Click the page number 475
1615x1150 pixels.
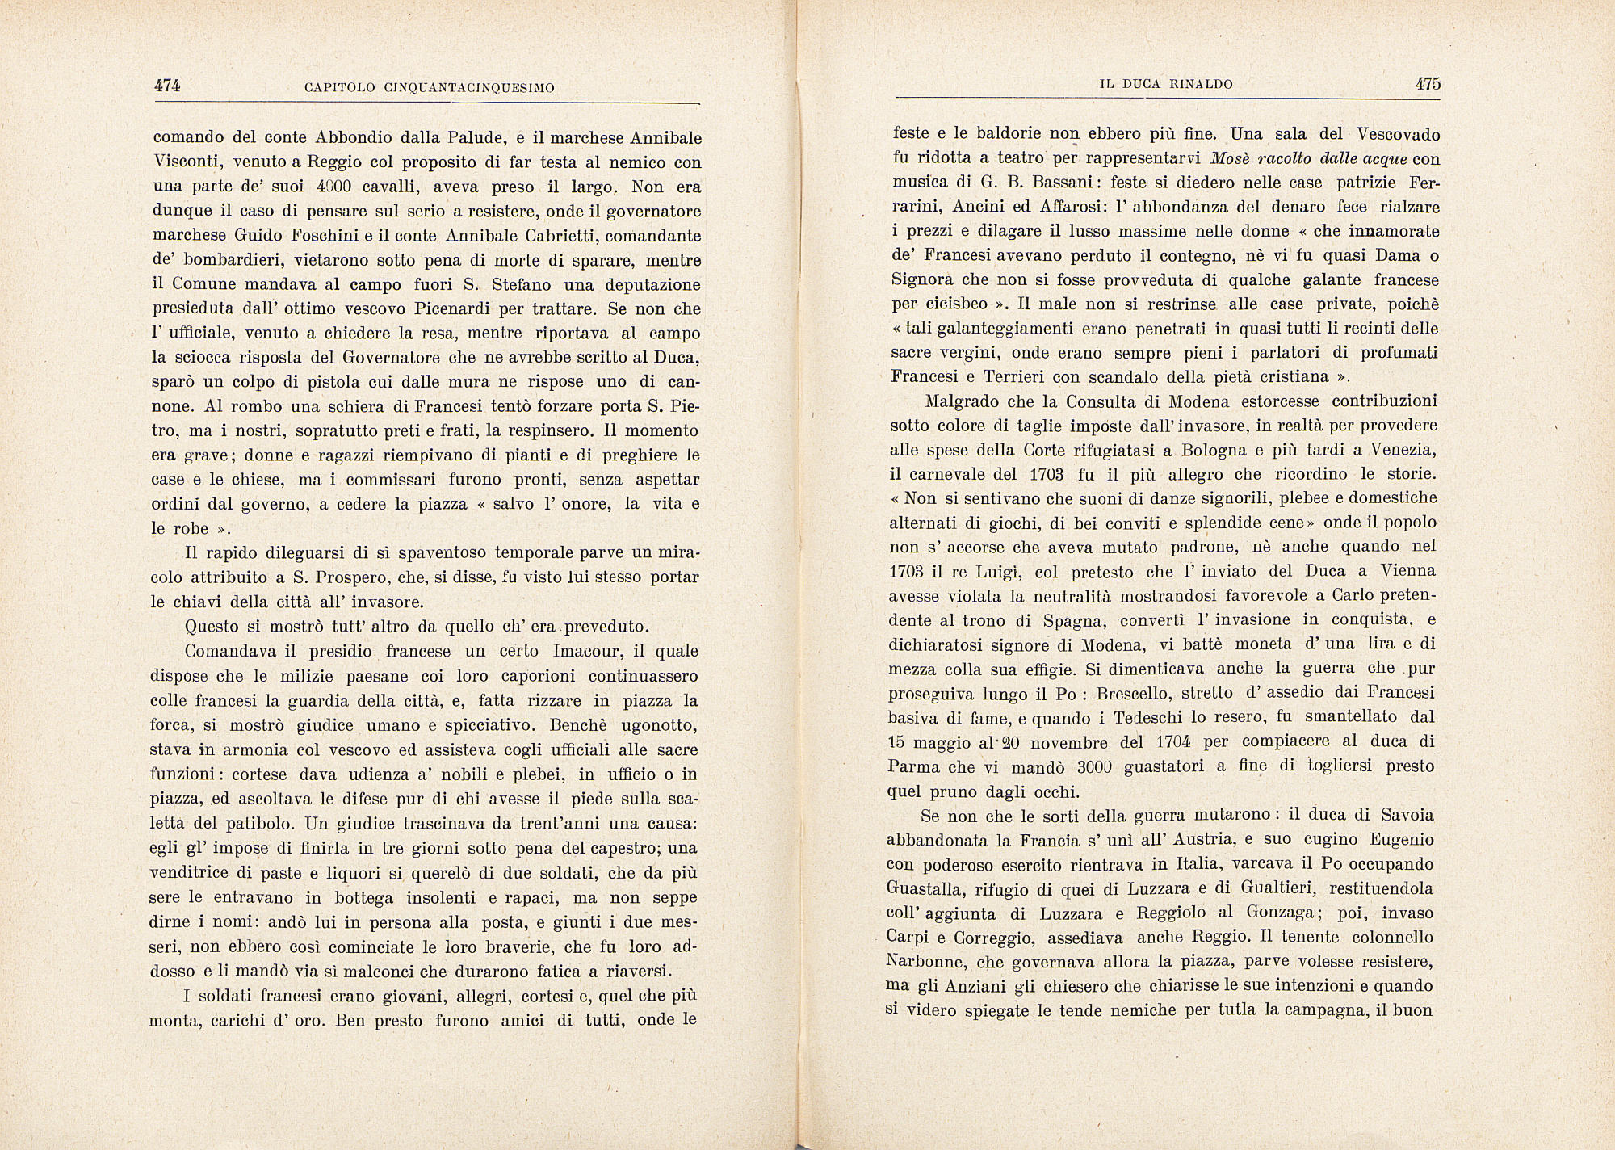[x=1426, y=84]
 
